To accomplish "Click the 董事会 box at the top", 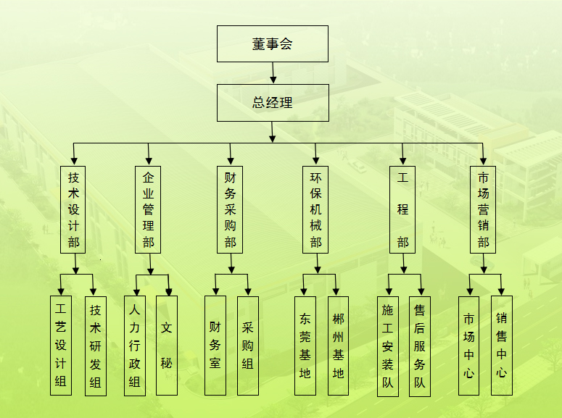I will [x=273, y=43].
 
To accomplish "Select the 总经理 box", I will [x=273, y=102].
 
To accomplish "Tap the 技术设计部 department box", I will [x=73, y=209].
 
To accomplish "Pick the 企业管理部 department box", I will [x=148, y=209].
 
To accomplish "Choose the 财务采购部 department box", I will [x=230, y=209].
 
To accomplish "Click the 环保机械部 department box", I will [x=315, y=209].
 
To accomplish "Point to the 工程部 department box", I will [x=402, y=209].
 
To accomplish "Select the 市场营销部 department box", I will [x=483, y=209].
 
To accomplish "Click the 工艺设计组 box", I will [x=61, y=345].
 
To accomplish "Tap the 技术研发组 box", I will [x=95, y=345].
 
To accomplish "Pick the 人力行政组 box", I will [x=134, y=345].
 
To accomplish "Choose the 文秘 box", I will [x=167, y=345].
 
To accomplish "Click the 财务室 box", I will [x=215, y=345].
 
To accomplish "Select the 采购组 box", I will [x=248, y=345].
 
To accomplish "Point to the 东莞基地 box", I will [x=305, y=345].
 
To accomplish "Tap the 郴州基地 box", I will [x=338, y=345].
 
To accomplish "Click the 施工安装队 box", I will [x=388, y=346].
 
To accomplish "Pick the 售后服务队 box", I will [x=420, y=346].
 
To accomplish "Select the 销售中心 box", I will [x=502, y=345].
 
